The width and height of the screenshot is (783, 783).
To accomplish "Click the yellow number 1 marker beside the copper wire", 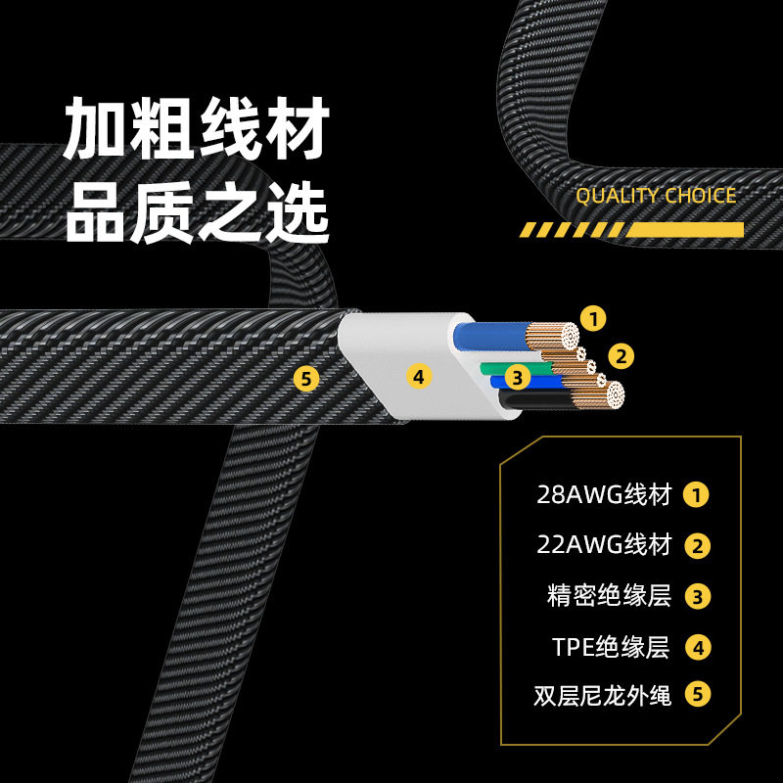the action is click(593, 319).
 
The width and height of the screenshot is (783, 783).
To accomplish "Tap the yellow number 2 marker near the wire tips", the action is click(621, 356).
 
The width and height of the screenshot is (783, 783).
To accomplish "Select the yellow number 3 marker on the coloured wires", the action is click(518, 378).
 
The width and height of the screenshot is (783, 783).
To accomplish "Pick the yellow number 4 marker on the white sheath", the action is click(419, 377).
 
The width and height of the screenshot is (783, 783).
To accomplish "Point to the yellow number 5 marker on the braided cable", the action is click(306, 379).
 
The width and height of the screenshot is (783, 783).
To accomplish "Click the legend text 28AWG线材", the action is click(603, 495).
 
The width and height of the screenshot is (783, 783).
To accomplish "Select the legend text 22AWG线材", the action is click(603, 545).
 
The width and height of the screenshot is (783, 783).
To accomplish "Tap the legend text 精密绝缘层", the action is click(609, 596).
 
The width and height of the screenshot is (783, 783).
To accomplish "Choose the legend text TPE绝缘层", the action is click(611, 647).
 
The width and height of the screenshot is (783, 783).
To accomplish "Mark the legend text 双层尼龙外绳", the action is click(602, 695).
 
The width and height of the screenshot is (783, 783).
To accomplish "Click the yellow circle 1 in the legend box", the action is click(697, 495).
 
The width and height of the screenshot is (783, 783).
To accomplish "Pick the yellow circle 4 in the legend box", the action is click(698, 648).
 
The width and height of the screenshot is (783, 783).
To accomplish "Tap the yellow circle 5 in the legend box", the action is click(698, 694).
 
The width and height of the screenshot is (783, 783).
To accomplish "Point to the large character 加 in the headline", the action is click(95, 128).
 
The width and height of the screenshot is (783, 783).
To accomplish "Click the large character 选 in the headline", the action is click(298, 212).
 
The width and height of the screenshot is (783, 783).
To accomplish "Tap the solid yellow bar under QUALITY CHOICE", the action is click(684, 230).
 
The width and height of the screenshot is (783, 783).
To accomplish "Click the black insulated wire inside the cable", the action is click(535, 401).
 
